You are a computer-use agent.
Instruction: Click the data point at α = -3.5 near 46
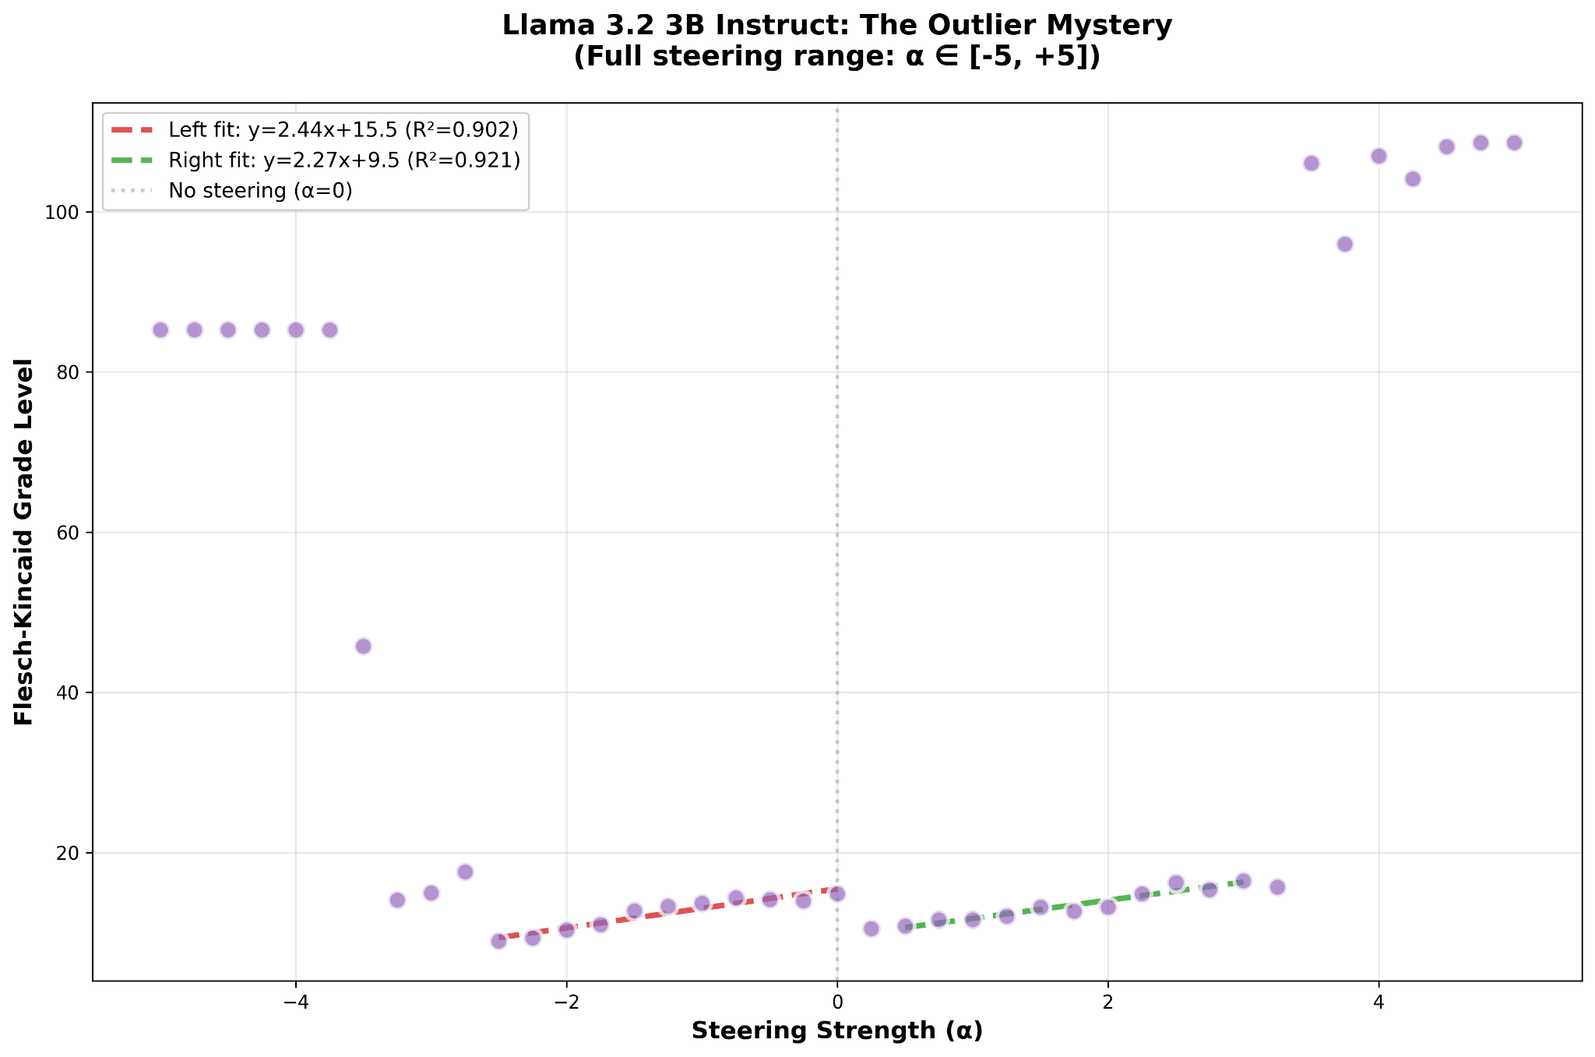point(363,647)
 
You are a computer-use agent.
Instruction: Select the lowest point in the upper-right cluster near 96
point(1345,245)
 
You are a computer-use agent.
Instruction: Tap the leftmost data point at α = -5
point(160,330)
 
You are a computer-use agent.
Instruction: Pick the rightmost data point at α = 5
point(1514,143)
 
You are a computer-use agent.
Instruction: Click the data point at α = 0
point(837,894)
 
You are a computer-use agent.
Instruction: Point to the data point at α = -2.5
point(498,942)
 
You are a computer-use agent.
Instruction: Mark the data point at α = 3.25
point(1277,887)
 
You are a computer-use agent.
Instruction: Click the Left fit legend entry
point(343,129)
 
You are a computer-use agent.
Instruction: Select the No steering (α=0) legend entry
point(260,191)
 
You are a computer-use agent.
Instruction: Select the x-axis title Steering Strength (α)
point(837,1031)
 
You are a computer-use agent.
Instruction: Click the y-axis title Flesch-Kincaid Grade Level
point(25,542)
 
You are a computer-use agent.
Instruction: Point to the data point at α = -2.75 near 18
point(465,872)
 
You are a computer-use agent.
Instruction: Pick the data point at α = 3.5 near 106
point(1312,164)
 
